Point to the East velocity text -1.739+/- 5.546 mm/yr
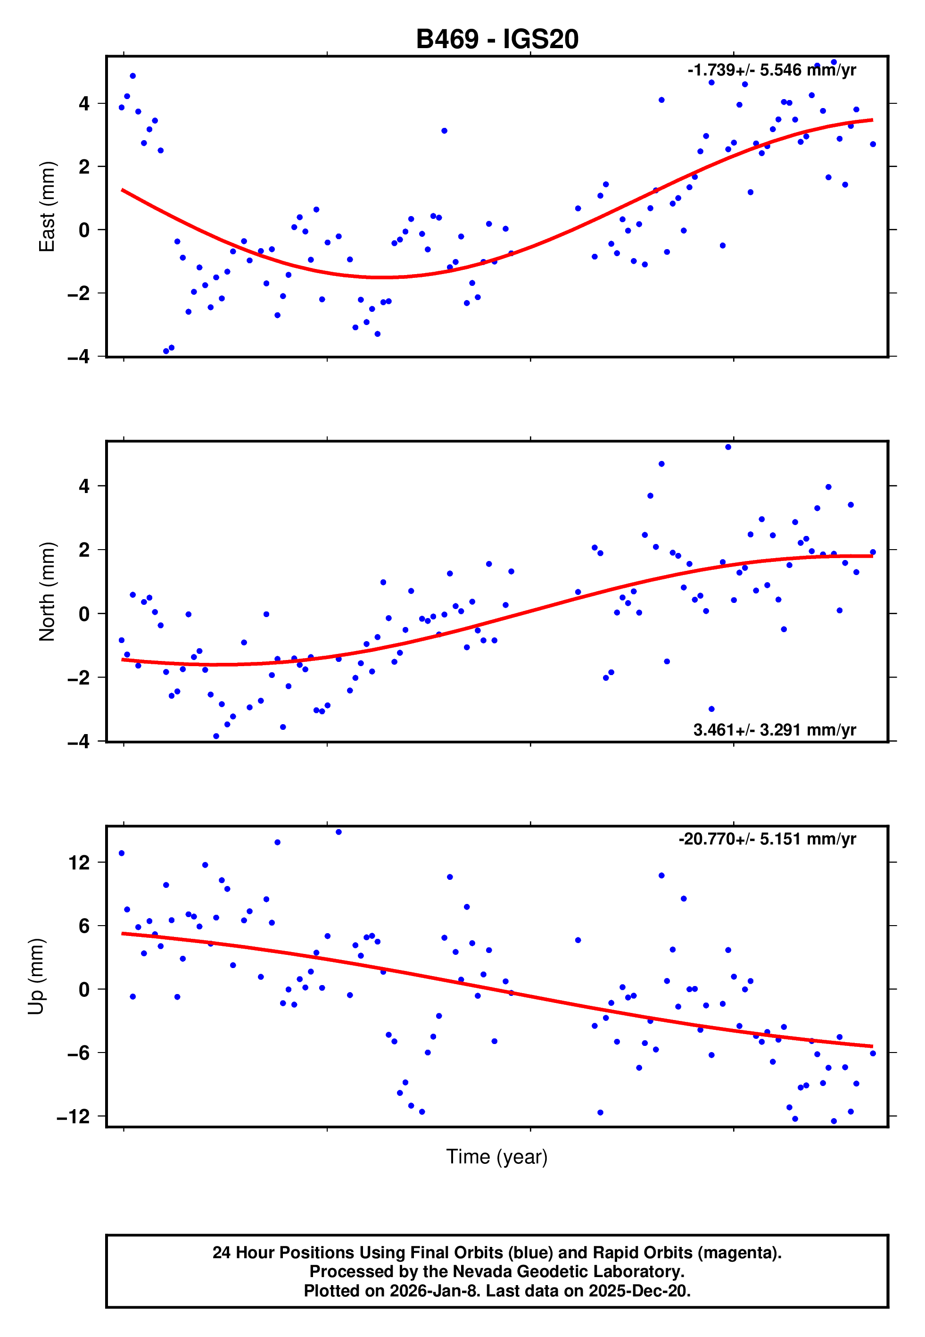[771, 70]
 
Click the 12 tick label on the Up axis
[79, 863]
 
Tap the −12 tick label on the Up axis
[73, 1116]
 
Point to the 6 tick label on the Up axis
[84, 926]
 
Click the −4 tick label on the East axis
[78, 357]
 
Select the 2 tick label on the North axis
[84, 550]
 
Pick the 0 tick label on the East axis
[84, 230]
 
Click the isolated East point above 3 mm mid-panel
[444, 131]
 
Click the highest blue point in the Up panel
[339, 832]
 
